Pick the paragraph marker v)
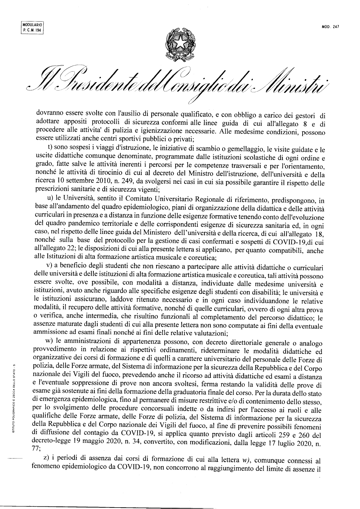coord(49,266)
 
